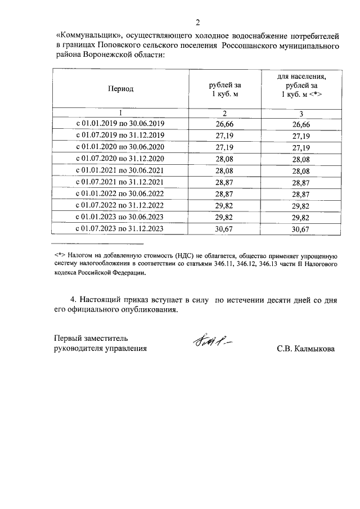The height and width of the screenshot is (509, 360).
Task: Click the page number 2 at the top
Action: point(197,22)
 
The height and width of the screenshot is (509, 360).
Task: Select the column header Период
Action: point(120,89)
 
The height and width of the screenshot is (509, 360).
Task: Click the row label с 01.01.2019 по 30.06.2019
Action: point(120,124)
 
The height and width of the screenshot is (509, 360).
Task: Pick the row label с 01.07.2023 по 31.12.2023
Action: point(120,228)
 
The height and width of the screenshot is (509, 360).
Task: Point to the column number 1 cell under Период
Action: point(120,113)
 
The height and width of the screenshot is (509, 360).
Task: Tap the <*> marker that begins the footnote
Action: point(60,255)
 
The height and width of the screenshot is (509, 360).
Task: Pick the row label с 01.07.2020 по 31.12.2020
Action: point(120,159)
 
